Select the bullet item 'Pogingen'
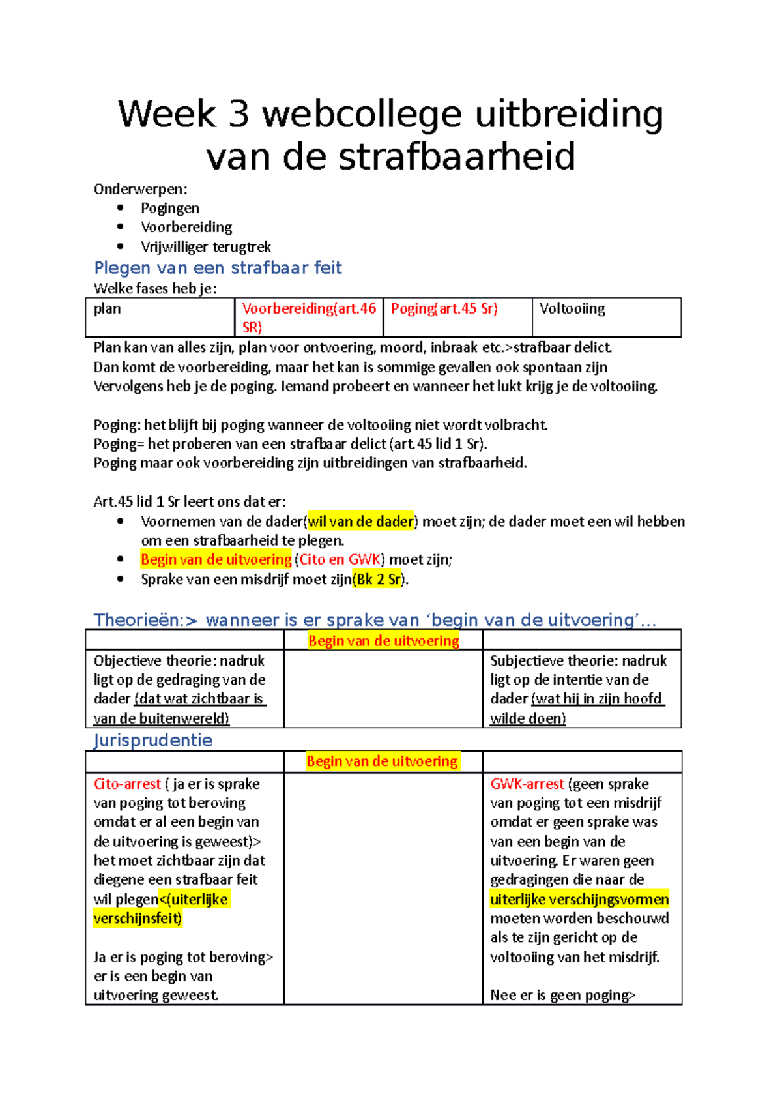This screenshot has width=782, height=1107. pyautogui.click(x=170, y=208)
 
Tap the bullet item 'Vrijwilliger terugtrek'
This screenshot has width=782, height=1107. pyautogui.click(x=205, y=246)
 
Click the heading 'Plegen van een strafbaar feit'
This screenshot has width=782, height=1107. pyautogui.click(x=218, y=267)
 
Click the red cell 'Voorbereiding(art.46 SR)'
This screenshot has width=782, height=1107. pyautogui.click(x=308, y=317)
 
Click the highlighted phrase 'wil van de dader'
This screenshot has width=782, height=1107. pyautogui.click(x=360, y=521)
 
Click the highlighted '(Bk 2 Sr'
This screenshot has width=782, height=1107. pyautogui.click(x=377, y=579)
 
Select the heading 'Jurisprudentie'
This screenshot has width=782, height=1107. pyautogui.click(x=153, y=740)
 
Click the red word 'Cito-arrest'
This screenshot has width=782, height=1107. pyautogui.click(x=127, y=784)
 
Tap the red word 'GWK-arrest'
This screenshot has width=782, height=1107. pyautogui.click(x=527, y=784)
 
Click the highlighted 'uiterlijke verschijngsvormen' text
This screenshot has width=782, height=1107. pyautogui.click(x=579, y=899)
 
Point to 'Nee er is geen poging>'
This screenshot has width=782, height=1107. pyautogui.click(x=562, y=995)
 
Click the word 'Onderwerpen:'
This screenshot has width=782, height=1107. pyautogui.click(x=140, y=189)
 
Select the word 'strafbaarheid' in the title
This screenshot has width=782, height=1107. pyautogui.click(x=456, y=157)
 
